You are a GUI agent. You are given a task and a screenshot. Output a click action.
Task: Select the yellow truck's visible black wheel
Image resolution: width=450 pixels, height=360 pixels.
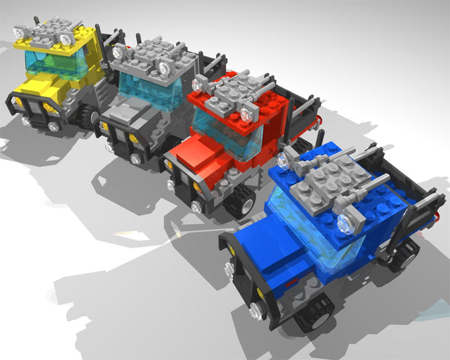[x=86, y=116]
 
